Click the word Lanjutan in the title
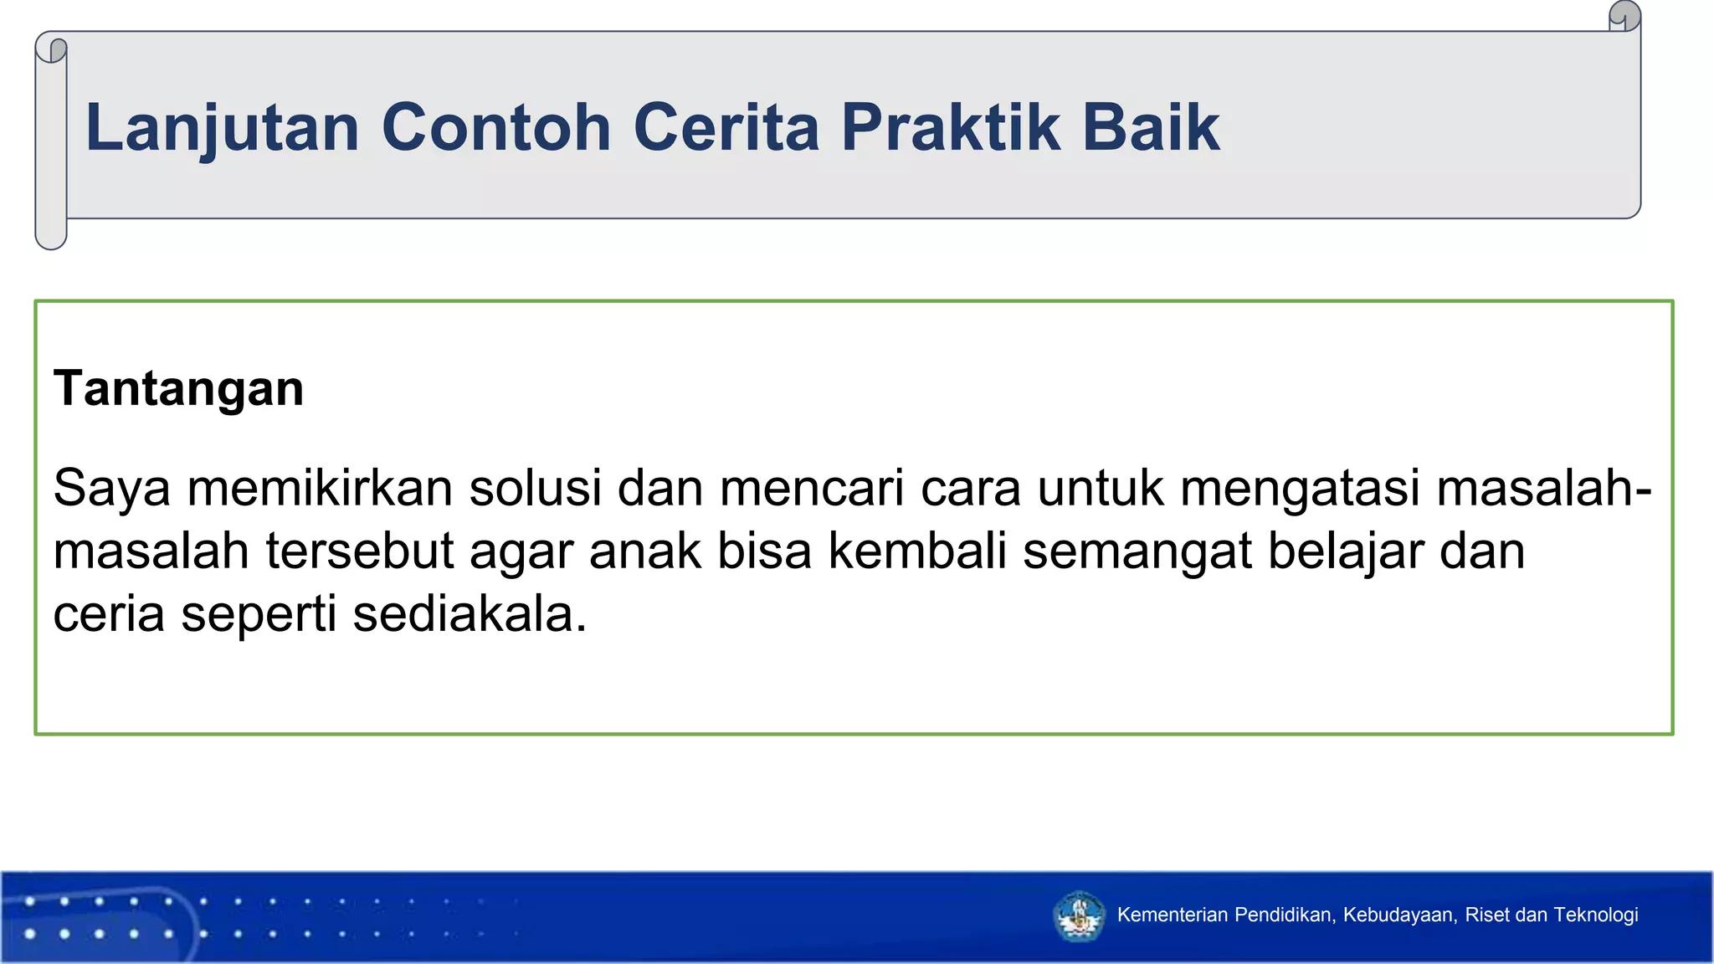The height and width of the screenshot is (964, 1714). point(222,128)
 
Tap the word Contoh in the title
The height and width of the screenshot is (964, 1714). point(496,128)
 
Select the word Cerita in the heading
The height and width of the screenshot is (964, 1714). point(726,128)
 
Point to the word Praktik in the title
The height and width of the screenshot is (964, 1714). point(950,128)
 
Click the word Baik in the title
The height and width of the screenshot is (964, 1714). point(1151,128)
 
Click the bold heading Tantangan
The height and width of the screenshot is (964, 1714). point(178,389)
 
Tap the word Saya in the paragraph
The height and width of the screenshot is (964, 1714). point(111,489)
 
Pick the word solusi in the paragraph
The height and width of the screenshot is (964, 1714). point(535,488)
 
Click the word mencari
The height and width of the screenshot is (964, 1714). point(811,488)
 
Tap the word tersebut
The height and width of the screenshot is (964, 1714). point(359,551)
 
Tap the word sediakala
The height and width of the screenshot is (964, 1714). point(469,614)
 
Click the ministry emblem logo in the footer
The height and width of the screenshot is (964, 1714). point(1079,916)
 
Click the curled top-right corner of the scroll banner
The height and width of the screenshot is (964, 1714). point(1624,16)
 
